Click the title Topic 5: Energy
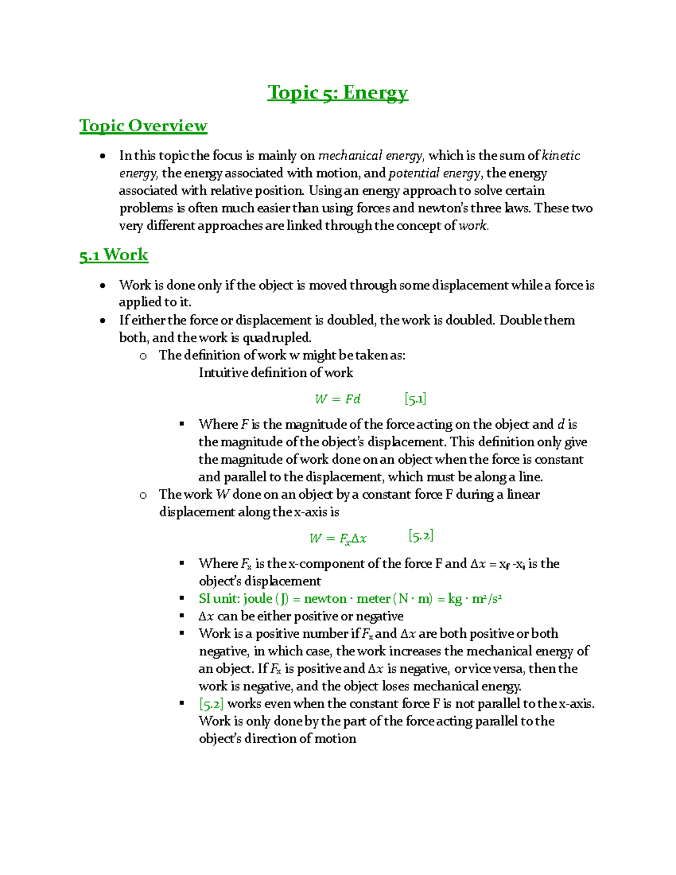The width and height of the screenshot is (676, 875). [337, 92]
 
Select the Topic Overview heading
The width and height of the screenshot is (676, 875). [143, 126]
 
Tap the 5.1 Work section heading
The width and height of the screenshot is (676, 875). [113, 255]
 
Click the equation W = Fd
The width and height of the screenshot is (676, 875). [337, 399]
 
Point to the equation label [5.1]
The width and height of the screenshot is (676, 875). [415, 399]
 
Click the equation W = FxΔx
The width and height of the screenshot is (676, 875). [337, 538]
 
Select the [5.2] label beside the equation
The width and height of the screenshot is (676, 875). [421, 536]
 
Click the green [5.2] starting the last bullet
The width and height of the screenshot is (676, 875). [211, 704]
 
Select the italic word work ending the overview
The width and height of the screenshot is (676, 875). [473, 226]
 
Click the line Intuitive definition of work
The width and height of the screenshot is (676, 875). [275, 372]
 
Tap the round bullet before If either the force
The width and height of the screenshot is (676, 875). [103, 321]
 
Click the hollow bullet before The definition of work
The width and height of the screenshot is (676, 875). [143, 356]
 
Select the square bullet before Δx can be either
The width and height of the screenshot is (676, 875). [182, 616]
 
